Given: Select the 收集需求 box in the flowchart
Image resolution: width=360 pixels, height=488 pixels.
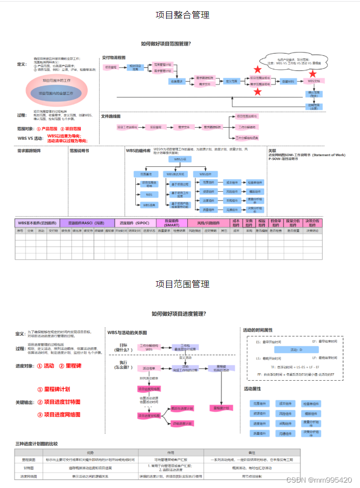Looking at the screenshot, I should (x=177, y=81).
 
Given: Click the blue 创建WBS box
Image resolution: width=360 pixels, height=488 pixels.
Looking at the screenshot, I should (x=287, y=81).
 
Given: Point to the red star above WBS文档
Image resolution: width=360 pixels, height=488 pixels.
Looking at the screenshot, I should (x=312, y=73).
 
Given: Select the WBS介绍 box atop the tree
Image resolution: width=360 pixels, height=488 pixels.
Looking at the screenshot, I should (x=180, y=160).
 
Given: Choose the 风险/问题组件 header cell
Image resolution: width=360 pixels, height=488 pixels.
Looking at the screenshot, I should (x=208, y=223).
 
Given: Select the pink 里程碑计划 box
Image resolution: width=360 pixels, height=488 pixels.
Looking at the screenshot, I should (x=219, y=408).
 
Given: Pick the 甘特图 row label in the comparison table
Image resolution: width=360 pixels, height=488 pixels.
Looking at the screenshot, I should (x=29, y=467).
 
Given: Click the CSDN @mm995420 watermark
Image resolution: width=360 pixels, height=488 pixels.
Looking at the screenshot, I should (x=319, y=480).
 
